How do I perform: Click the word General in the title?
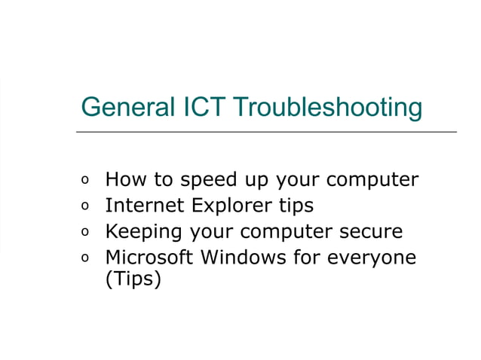click(118, 107)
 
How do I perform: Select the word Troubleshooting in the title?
click(326, 107)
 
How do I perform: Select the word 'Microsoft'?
click(149, 258)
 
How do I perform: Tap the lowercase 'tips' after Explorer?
click(295, 206)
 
